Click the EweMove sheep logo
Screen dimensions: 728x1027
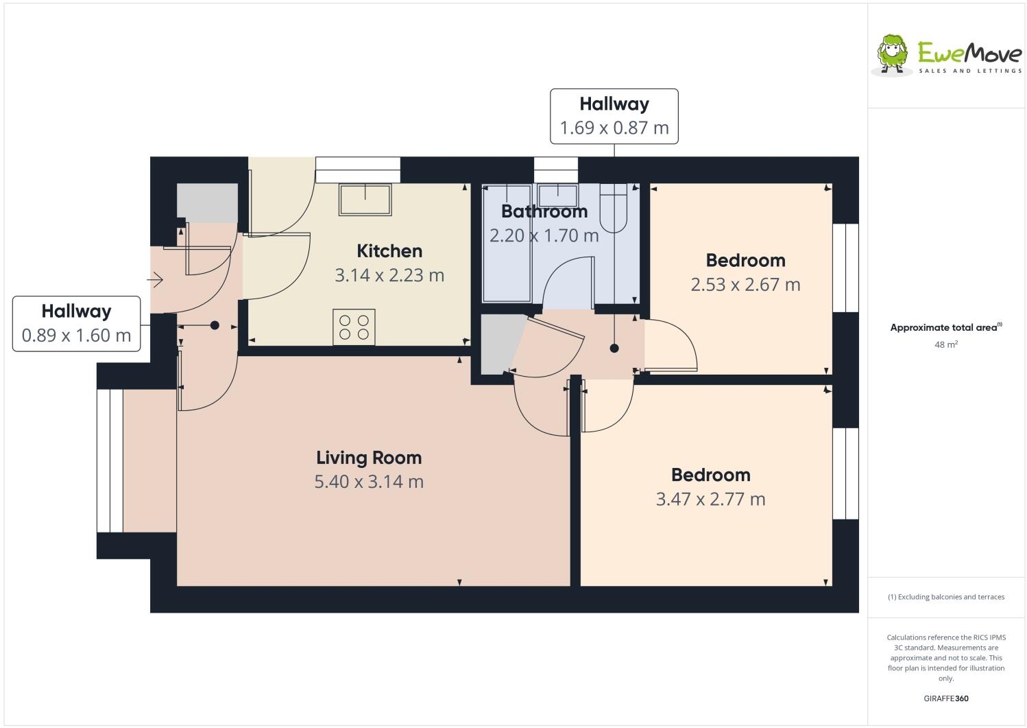(893, 54)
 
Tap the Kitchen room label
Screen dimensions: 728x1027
(389, 250)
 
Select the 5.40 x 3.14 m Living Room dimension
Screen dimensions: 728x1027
(369, 482)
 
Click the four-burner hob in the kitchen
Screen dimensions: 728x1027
(354, 327)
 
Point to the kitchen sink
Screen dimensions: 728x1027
(365, 199)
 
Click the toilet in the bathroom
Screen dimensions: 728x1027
(614, 208)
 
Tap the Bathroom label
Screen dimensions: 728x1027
(544, 211)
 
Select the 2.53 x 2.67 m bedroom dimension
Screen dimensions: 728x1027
(745, 284)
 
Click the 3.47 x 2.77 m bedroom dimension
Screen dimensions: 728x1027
(710, 499)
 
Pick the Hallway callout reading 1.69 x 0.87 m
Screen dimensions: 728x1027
(614, 116)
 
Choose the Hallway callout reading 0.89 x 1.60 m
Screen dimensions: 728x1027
(76, 323)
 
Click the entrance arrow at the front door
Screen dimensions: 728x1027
(156, 280)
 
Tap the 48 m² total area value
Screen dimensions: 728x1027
(945, 344)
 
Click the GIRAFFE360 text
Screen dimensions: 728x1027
(945, 698)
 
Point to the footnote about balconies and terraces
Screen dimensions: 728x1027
(945, 596)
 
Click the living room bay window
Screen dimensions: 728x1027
(109, 460)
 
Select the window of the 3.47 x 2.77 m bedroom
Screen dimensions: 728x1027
(845, 473)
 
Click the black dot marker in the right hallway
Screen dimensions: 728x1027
(614, 349)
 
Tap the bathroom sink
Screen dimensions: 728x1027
(557, 195)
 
